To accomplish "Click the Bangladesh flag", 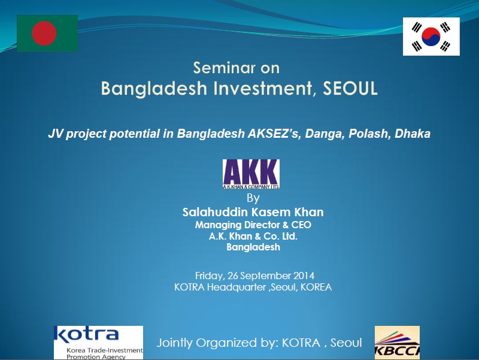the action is (x=47, y=33).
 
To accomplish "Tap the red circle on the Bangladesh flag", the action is (x=44, y=33).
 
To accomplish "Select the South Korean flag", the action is (x=431, y=37).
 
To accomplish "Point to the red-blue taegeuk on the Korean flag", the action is (x=431, y=37).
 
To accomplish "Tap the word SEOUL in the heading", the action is (x=350, y=88).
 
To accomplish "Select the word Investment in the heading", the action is (x=262, y=88).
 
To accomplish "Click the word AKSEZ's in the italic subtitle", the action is (x=274, y=134).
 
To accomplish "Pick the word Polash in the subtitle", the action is (x=369, y=134).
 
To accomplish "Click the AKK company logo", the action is (x=251, y=174).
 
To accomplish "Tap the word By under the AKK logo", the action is (x=253, y=198).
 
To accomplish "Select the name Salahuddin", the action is (x=215, y=212).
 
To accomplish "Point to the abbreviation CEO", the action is (x=301, y=225).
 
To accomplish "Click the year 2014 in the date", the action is (x=304, y=276).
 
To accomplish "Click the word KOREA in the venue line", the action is (x=316, y=288).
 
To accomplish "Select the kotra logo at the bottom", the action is (x=98, y=343).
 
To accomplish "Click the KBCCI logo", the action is (x=397, y=343).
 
